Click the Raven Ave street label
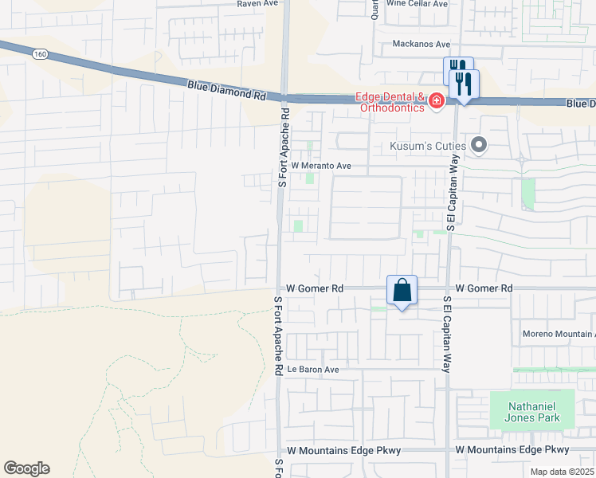(x=257, y=4)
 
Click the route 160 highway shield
(x=39, y=54)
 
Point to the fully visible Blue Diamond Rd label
(x=226, y=88)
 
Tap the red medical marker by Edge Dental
(x=436, y=100)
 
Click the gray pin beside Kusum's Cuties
(x=479, y=145)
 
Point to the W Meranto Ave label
(x=321, y=166)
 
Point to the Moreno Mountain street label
(x=558, y=334)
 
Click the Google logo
(x=26, y=468)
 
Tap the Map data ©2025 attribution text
(x=562, y=472)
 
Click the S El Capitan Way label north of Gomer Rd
(x=450, y=201)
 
